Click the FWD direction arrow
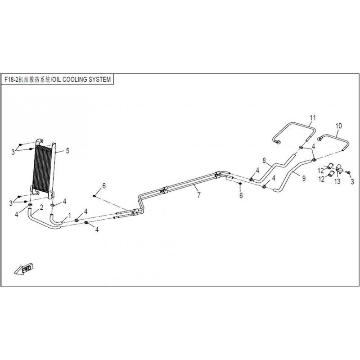point(24,269)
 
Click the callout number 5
point(67,151)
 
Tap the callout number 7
point(199,195)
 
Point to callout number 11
point(312,118)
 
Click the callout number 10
point(339,126)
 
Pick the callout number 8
point(264,161)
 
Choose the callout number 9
point(304,178)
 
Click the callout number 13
point(337,181)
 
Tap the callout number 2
point(41,208)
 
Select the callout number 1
point(70,216)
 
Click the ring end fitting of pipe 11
point(278,142)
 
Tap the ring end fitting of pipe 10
point(320,138)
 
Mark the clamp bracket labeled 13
point(339,168)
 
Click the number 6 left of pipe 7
point(104,186)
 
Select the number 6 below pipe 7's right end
point(241,195)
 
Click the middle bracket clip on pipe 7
point(165,189)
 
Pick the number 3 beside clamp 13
point(352,182)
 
